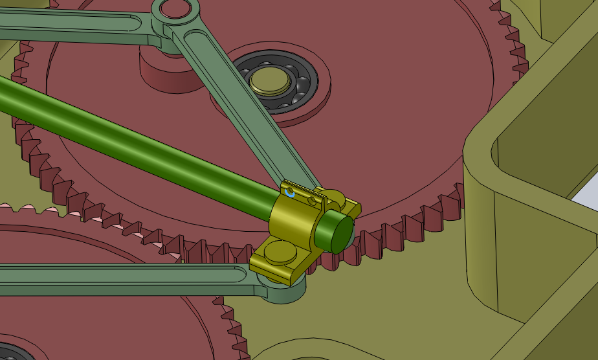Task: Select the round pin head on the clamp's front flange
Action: pyautogui.click(x=279, y=251)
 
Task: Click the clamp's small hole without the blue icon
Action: pyautogui.click(x=314, y=201)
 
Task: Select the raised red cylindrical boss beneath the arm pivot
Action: pyautogui.click(x=165, y=71)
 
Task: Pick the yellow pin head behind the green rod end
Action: pyautogui.click(x=335, y=195)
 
